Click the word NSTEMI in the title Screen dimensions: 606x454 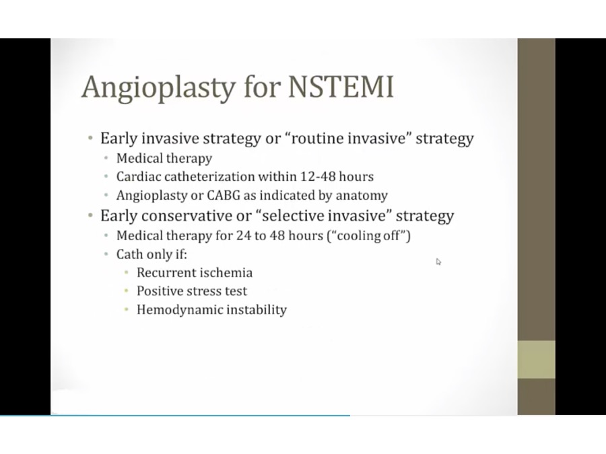point(341,86)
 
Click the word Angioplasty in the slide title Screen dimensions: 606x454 point(158,88)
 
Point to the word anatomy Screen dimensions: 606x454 point(362,196)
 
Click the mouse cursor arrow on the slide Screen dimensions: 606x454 point(438,262)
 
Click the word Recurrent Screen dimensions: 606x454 point(166,272)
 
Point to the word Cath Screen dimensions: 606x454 point(129,254)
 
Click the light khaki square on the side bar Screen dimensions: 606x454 point(537,359)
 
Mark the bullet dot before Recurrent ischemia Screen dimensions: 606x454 point(127,273)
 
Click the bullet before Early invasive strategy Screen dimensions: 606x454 point(90,138)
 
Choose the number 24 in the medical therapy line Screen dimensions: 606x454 point(244,235)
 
